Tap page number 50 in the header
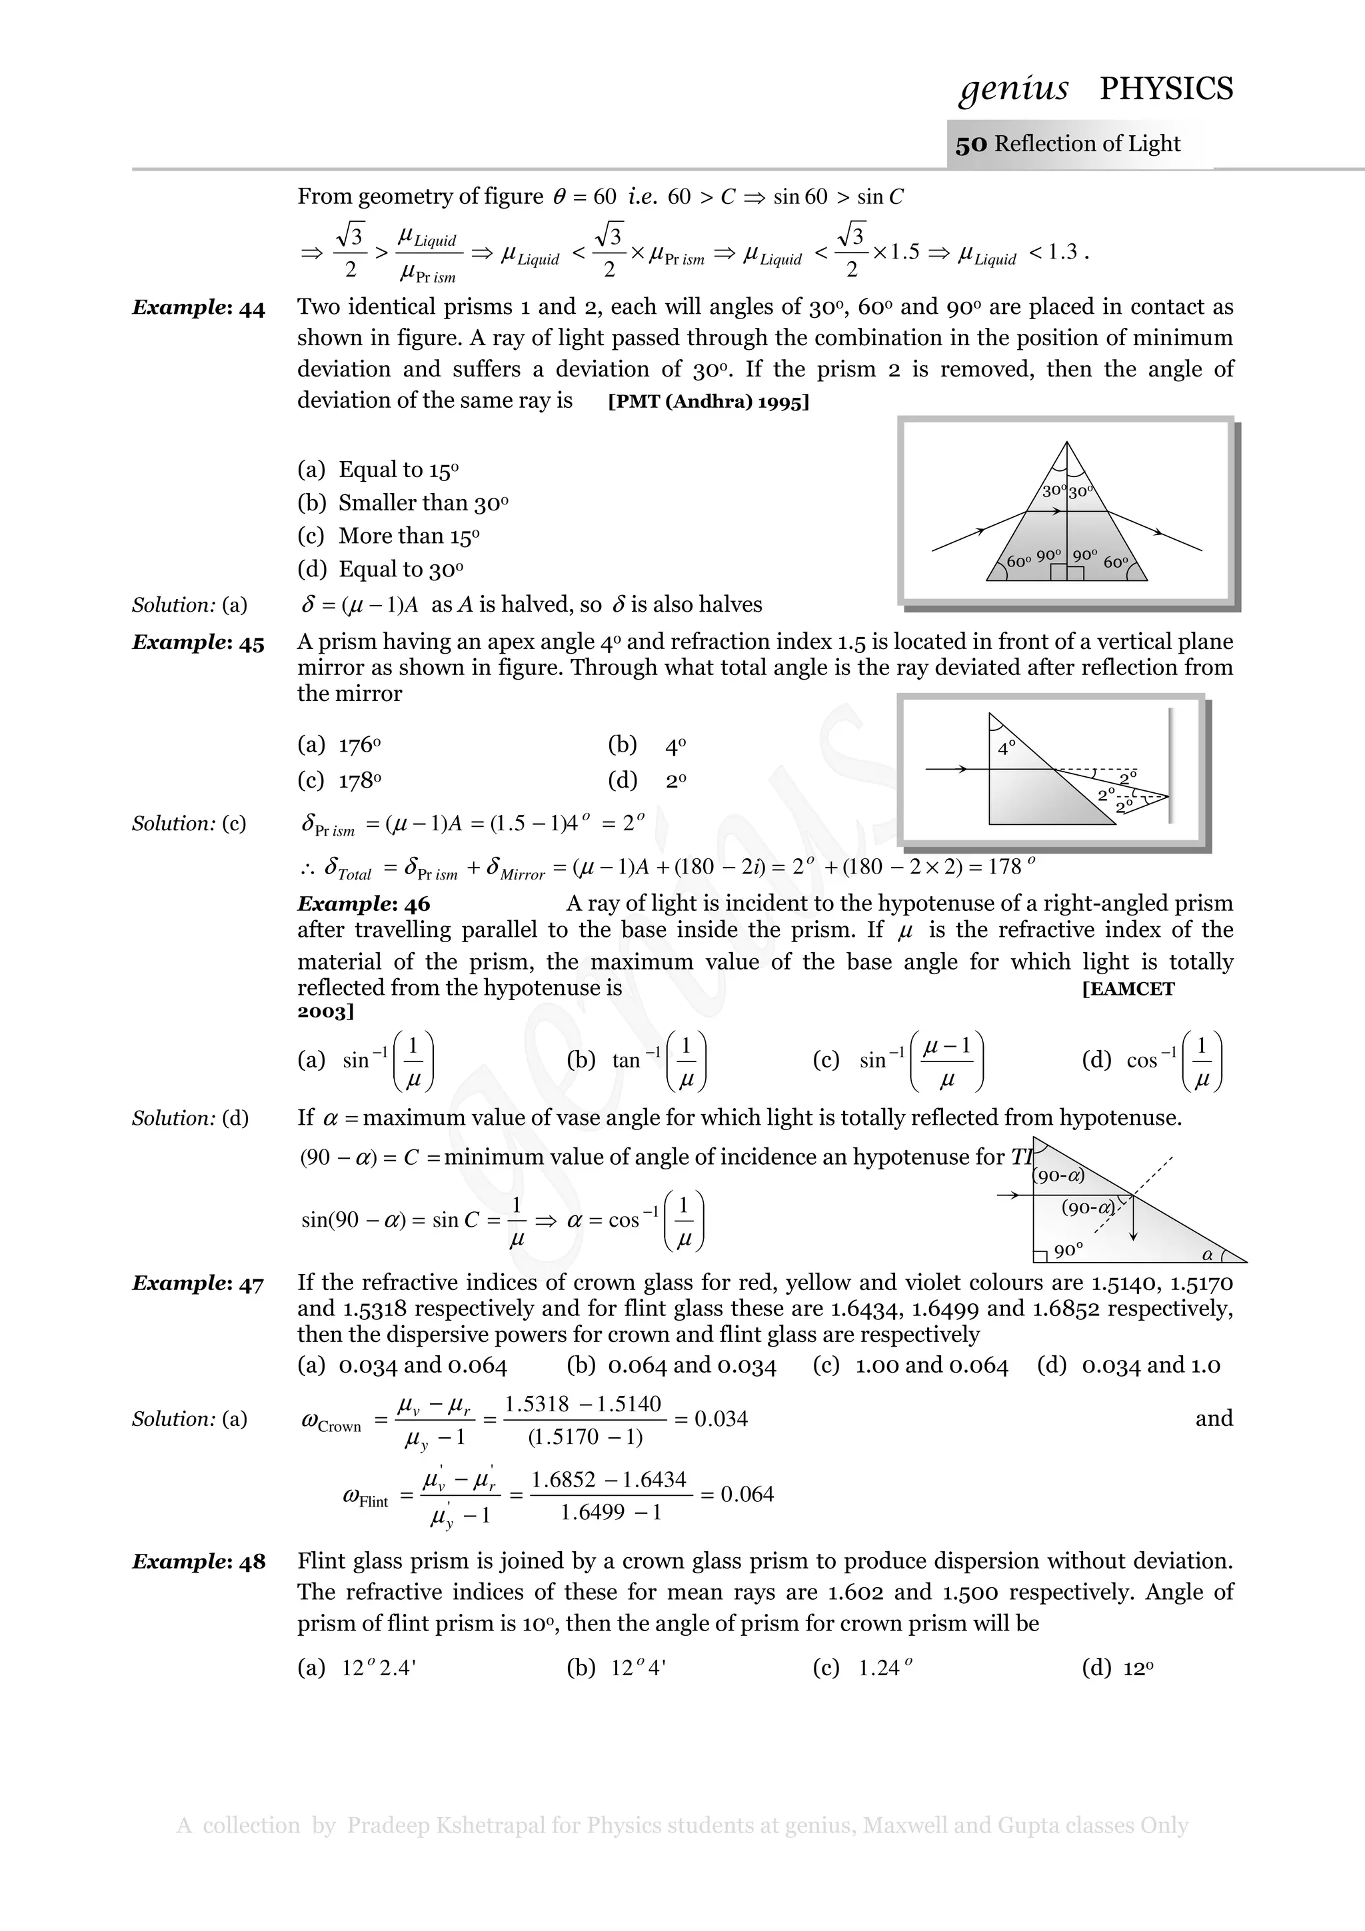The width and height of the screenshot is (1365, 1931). (x=970, y=145)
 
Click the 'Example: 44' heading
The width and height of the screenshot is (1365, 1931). (x=199, y=308)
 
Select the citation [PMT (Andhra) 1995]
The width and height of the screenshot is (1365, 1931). (x=708, y=401)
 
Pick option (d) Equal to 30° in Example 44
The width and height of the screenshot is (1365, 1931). (x=380, y=570)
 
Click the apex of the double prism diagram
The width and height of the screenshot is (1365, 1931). (x=1066, y=443)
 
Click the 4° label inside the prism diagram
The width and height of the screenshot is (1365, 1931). (x=1006, y=748)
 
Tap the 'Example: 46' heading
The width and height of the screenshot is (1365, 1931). (x=363, y=904)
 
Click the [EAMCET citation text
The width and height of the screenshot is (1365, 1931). (x=1128, y=989)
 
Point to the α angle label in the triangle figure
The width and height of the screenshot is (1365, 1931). (x=1208, y=1254)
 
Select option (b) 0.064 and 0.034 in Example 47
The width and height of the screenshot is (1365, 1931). (x=672, y=1365)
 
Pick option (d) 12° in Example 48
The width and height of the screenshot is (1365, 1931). (x=1118, y=1668)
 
